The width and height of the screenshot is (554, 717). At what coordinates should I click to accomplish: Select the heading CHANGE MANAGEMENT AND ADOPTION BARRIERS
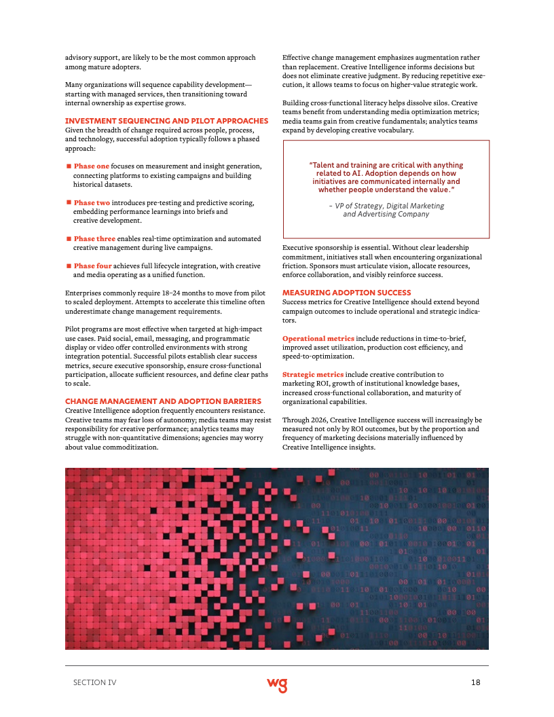click(x=163, y=401)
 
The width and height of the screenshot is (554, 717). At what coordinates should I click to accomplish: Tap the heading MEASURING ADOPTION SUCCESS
click(x=346, y=292)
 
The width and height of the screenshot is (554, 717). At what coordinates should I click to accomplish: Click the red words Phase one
click(x=92, y=166)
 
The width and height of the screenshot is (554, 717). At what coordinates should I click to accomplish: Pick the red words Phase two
click(x=92, y=202)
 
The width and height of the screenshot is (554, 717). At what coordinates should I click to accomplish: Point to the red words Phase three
click(x=94, y=239)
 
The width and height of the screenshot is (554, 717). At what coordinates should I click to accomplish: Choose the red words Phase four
click(x=92, y=266)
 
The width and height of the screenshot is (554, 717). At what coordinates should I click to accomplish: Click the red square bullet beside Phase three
click(x=69, y=239)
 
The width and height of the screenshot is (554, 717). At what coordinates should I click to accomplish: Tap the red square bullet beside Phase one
click(x=69, y=166)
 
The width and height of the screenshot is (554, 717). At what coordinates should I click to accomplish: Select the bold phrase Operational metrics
click(x=318, y=338)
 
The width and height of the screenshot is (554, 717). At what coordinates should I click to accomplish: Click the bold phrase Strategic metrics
click(x=313, y=374)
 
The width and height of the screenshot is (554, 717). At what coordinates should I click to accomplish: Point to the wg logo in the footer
click(x=276, y=684)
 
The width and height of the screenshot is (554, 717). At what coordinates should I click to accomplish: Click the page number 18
click(x=475, y=682)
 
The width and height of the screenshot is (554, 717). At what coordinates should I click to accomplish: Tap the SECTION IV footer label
click(x=94, y=682)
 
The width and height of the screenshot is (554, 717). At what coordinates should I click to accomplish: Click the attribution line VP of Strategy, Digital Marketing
click(x=386, y=206)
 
